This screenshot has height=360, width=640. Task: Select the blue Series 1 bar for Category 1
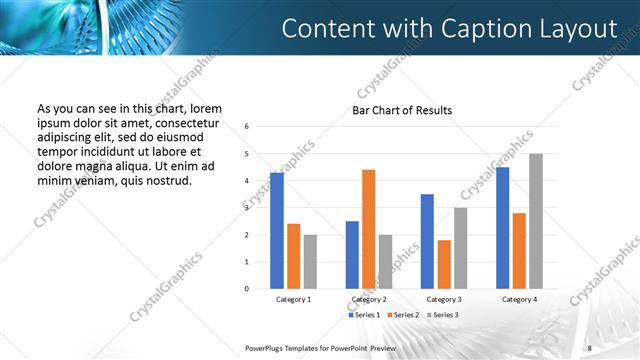(277, 231)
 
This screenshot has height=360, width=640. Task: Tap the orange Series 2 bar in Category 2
(368, 229)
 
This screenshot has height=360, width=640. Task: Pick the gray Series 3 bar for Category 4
(536, 221)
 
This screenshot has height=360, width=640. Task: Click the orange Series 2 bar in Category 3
(444, 264)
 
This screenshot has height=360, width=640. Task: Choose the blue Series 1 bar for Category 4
(503, 228)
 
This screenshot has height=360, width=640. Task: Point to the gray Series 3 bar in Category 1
(310, 262)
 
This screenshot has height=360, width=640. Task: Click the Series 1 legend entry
(363, 315)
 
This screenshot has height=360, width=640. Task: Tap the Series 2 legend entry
(402, 315)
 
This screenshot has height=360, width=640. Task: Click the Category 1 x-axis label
(293, 299)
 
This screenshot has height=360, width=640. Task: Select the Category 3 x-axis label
(444, 299)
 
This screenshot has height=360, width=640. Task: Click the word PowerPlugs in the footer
(266, 347)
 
